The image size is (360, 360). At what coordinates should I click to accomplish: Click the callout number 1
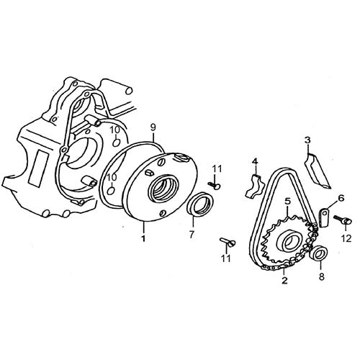[143, 238]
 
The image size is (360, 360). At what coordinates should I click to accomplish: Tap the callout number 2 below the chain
[284, 280]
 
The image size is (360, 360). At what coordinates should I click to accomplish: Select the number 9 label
[153, 127]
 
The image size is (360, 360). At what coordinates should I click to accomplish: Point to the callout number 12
[346, 238]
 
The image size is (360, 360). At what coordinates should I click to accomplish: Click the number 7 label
[191, 235]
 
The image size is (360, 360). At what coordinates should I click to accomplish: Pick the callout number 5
[287, 202]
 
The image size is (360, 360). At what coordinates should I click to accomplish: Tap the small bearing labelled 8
[318, 253]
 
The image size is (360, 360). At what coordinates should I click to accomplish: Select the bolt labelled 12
[343, 220]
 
